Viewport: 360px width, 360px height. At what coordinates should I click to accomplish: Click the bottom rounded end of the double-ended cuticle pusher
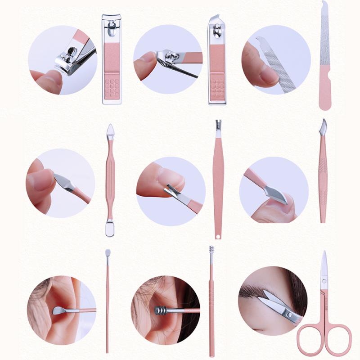point(110,228)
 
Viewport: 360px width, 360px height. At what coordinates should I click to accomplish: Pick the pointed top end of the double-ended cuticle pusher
point(110,130)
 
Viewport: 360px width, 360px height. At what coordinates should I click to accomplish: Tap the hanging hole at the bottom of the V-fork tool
point(218,234)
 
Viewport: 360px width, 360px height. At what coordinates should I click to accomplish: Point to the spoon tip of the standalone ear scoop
point(108,253)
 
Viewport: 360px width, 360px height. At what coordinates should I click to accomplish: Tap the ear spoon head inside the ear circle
point(59,310)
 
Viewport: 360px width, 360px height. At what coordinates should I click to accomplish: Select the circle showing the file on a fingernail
point(276,61)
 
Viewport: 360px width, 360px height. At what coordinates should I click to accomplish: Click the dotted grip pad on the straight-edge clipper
point(112,87)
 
